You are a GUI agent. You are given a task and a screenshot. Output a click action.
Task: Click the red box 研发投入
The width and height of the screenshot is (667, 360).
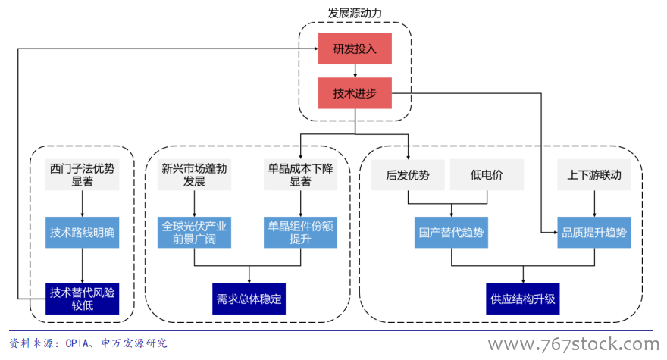pyautogui.click(x=355, y=49)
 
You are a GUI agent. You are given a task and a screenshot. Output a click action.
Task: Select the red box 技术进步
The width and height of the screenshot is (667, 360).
pyautogui.click(x=355, y=93)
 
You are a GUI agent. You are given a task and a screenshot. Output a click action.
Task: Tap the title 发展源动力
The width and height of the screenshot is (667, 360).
pyautogui.click(x=354, y=14)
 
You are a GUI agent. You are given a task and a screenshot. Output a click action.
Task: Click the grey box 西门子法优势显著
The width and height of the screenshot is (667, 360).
pyautogui.click(x=82, y=175)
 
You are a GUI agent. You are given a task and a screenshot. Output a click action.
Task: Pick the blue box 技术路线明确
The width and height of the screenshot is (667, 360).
pyautogui.click(x=82, y=233)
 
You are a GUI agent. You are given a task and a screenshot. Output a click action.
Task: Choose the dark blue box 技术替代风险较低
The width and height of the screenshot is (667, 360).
pyautogui.click(x=82, y=298)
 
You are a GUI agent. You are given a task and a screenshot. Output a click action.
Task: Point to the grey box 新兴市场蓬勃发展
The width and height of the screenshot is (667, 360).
pyautogui.click(x=194, y=175)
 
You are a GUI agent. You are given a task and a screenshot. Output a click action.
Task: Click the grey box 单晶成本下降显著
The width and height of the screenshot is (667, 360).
pyautogui.click(x=300, y=175)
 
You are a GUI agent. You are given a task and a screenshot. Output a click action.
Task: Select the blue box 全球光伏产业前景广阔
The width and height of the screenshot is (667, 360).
pyautogui.click(x=194, y=233)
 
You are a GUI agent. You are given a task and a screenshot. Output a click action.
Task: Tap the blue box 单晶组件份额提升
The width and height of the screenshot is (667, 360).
pyautogui.click(x=300, y=233)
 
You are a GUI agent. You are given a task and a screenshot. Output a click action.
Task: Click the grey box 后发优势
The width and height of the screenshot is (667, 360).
pyautogui.click(x=408, y=175)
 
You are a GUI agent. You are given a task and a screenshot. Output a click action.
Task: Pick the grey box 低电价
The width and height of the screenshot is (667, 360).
pyautogui.click(x=487, y=175)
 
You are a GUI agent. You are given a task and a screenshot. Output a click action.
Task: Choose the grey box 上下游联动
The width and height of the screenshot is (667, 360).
pyautogui.click(x=594, y=175)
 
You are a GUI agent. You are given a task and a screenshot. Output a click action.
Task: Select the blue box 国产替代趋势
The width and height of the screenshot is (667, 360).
pyautogui.click(x=452, y=233)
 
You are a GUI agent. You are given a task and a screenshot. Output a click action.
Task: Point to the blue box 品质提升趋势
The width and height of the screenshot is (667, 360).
pyautogui.click(x=594, y=233)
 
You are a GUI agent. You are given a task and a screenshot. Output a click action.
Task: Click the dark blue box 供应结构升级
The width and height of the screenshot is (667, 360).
pyautogui.click(x=523, y=298)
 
